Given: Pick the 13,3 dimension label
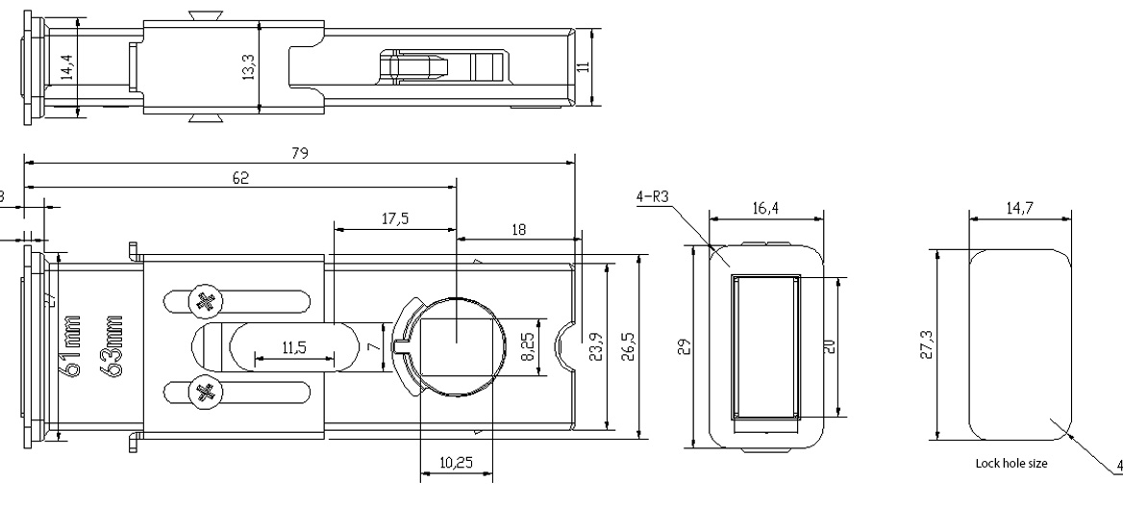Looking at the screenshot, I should coord(248,67).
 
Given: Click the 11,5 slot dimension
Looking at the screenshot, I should coord(294,348).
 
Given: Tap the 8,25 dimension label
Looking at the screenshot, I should coord(528,343).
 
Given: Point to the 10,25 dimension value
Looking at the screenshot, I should coord(456,463).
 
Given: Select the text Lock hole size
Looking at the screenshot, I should coord(1011,463).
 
